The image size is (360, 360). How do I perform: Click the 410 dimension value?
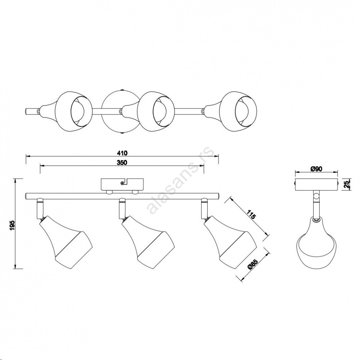122,153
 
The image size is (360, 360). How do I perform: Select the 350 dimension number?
122,163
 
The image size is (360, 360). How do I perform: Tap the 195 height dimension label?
12,225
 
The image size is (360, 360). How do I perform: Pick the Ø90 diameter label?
316,169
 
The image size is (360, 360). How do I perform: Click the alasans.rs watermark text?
181,181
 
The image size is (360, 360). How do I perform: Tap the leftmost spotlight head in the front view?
66,241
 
